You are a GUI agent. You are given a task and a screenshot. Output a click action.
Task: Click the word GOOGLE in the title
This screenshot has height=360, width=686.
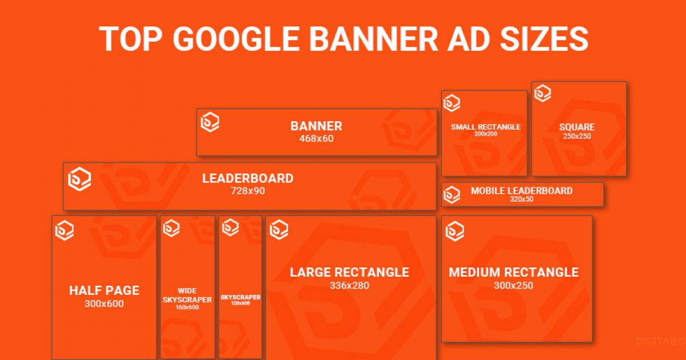[236, 39]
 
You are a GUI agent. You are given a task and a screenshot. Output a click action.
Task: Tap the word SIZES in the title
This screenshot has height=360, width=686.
[544, 39]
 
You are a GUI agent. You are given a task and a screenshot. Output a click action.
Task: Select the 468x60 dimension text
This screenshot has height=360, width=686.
[316, 139]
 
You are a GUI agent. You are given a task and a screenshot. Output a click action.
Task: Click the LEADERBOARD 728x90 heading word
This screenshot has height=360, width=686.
[248, 178]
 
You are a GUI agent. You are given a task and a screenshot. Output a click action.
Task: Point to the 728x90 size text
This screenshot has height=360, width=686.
[248, 191]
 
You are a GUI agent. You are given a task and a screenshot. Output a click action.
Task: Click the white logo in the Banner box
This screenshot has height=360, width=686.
[210, 122]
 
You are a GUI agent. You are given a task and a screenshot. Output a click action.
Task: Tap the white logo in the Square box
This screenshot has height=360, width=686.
[543, 93]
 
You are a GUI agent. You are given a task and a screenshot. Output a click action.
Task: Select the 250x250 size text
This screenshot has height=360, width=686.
[577, 136]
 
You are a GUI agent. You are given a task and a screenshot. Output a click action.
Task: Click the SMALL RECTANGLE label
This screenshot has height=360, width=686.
[486, 127]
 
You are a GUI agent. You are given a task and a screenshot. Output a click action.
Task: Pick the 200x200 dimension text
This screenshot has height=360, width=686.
[486, 134]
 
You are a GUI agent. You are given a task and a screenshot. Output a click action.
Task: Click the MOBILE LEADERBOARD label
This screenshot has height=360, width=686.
[521, 191]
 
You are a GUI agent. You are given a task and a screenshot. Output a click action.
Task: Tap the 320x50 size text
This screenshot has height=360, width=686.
[521, 199]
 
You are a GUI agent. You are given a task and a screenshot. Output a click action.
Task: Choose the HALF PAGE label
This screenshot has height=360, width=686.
[105, 290]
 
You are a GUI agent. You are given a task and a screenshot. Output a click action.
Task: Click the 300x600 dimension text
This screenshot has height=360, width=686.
[104, 303]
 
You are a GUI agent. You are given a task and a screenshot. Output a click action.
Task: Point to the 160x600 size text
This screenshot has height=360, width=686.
[187, 307]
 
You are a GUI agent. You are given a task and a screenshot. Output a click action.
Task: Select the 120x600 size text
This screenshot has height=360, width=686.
[241, 303]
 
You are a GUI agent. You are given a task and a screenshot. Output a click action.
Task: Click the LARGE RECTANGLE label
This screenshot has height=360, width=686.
[349, 272]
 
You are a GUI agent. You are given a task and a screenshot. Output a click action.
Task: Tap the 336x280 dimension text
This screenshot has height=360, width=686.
[349, 285]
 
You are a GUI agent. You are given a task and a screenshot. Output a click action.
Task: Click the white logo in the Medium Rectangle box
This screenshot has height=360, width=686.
[455, 231]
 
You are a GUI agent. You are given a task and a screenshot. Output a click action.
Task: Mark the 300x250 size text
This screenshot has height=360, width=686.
[513, 285]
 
